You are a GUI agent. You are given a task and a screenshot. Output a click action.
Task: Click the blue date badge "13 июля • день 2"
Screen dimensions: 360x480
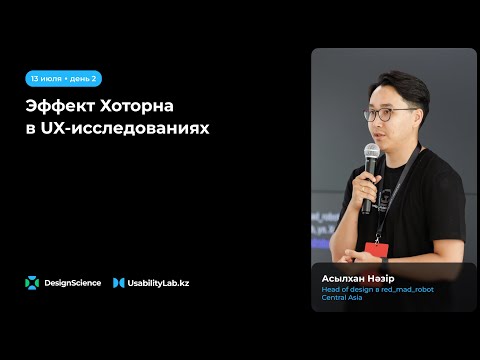click(64, 78)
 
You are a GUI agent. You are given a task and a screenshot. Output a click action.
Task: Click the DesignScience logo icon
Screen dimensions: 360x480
click(33, 283)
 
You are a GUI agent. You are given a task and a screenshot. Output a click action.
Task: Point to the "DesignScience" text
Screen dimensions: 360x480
click(73, 283)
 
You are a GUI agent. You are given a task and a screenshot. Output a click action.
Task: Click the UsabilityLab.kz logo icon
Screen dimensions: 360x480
click(118, 283)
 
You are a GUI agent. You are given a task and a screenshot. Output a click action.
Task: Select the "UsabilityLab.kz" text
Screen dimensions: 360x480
click(158, 283)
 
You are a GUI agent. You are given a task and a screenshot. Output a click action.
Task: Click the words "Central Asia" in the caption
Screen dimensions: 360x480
click(341, 297)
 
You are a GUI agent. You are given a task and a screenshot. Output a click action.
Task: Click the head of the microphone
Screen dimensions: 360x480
click(372, 154)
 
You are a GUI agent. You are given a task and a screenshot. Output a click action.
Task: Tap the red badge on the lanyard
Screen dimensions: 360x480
click(377, 248)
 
